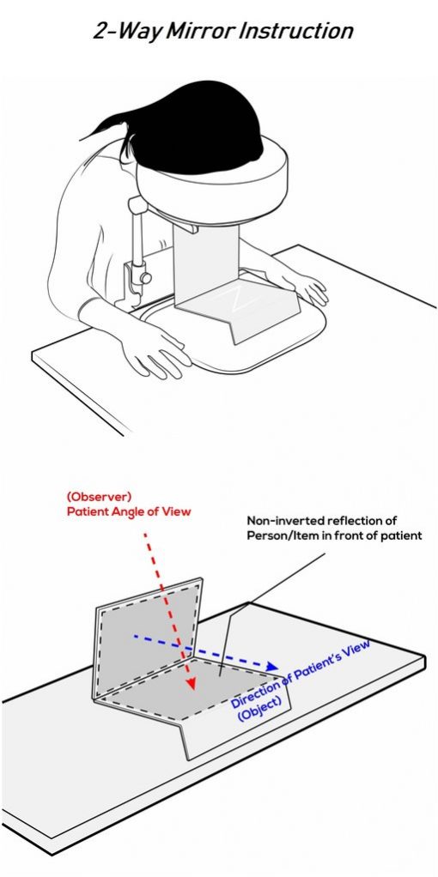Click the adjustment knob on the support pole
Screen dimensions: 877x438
146,277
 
